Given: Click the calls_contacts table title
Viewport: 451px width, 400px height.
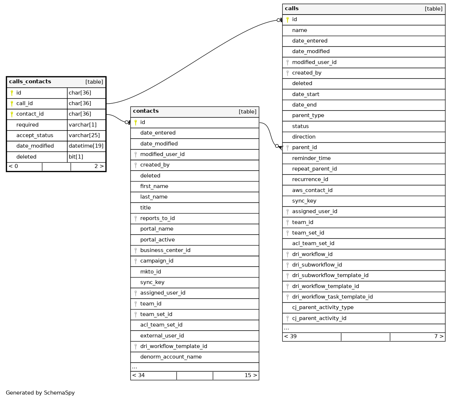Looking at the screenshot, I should click(x=30, y=82).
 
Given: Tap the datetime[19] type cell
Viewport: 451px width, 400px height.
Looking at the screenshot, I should click(x=86, y=146).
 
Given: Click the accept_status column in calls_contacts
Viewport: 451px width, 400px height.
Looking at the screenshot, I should click(x=35, y=135).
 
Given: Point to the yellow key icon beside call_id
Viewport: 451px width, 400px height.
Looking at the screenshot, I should click(x=12, y=104).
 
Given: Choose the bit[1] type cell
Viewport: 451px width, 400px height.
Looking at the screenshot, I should click(x=76, y=157).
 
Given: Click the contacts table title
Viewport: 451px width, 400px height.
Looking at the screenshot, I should click(x=146, y=111).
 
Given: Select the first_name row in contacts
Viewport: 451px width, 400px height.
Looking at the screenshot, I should click(x=154, y=186).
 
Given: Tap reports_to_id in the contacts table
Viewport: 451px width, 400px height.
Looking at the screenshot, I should click(x=157, y=218).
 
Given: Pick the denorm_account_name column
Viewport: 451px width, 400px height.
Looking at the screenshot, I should click(x=171, y=357).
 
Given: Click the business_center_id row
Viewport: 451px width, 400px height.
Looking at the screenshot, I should click(x=165, y=250).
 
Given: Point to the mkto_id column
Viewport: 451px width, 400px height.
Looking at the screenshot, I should click(x=150, y=272).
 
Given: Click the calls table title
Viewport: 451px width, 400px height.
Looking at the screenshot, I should click(x=292, y=9).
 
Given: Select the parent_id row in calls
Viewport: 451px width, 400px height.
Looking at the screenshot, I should click(x=305, y=147).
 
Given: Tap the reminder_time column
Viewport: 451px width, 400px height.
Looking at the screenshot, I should click(x=311, y=158).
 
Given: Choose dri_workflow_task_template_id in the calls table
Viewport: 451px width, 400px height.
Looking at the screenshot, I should click(x=333, y=297).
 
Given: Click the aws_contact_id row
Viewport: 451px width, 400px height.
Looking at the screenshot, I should click(x=312, y=190).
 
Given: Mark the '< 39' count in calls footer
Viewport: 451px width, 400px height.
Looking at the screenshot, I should click(x=290, y=336).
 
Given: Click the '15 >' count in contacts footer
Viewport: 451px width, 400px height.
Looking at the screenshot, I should click(x=251, y=375).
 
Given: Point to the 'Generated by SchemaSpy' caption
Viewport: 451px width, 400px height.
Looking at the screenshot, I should click(x=40, y=393).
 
